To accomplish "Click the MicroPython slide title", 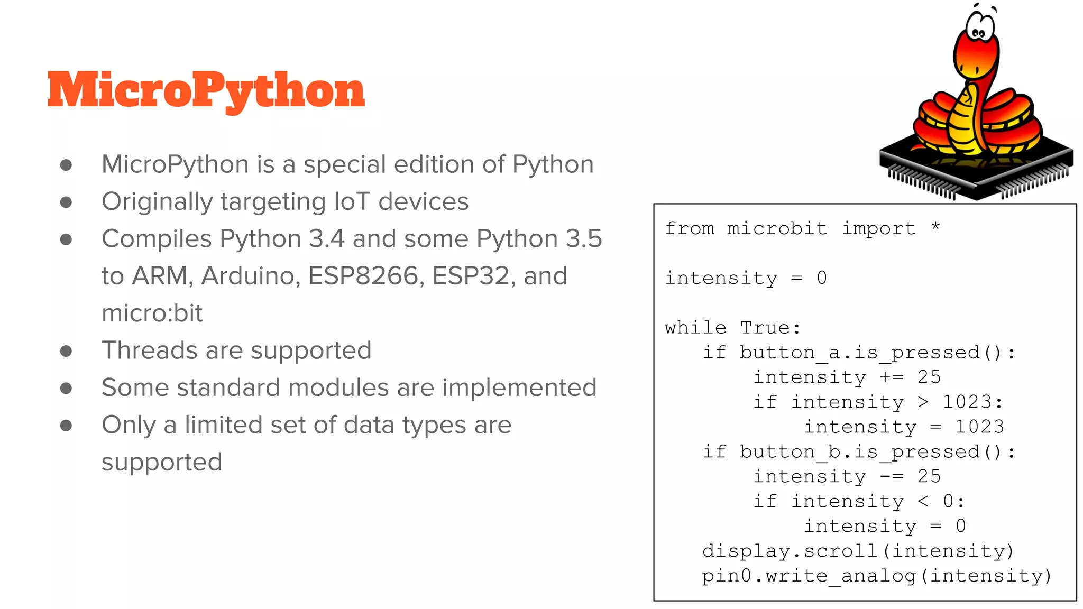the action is (x=206, y=91).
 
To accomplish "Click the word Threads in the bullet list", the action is (x=150, y=350).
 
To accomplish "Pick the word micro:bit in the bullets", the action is (x=152, y=313).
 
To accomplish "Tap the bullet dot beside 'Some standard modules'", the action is (x=66, y=389).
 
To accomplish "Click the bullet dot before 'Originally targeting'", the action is (x=66, y=202).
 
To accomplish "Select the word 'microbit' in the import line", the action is (x=777, y=228).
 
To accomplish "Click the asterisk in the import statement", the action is (x=935, y=227).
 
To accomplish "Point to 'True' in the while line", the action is (x=765, y=328).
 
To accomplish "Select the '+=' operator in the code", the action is (x=892, y=377).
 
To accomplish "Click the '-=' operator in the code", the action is (x=892, y=477).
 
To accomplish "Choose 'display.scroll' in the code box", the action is (x=790, y=551).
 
